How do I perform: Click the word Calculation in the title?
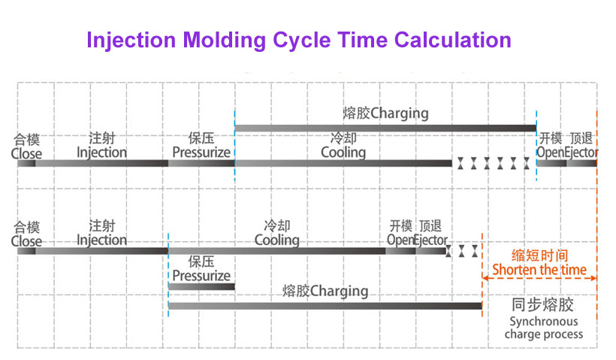point(453,39)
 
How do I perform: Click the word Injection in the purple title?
point(131,39)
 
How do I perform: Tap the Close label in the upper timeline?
point(26,154)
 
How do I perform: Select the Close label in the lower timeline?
point(26,241)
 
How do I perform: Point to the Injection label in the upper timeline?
point(101,153)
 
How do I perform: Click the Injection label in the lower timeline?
point(101,240)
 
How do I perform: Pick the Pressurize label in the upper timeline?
point(201,153)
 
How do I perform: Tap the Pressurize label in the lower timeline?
point(201,275)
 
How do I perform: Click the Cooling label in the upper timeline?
point(343,153)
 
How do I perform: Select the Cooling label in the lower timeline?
point(276,240)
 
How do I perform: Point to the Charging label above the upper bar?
point(400,114)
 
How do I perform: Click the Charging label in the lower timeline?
point(340,290)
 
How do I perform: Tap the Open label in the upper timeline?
point(548,153)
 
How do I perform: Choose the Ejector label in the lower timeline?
point(430,240)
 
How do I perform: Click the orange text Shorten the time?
point(539,269)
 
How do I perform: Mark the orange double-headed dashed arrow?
point(539,279)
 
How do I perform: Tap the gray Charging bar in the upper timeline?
point(385,129)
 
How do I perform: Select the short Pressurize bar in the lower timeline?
point(201,286)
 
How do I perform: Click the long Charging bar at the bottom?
point(325,305)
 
